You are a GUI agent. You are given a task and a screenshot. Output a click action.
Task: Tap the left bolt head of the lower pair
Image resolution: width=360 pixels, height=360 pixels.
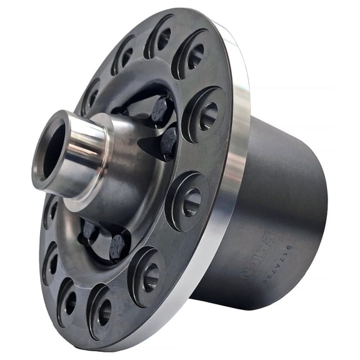[89, 232]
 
